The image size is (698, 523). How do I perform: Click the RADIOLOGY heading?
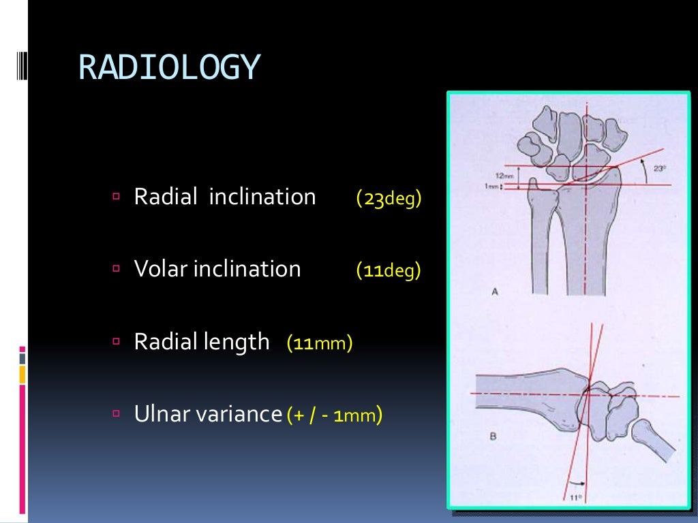pos(169,67)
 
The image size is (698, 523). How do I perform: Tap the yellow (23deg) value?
pos(389,199)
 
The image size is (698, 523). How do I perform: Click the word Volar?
pos(161,269)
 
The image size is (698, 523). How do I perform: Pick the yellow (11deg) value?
pos(389,271)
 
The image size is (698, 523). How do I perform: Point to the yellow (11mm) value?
pos(320,343)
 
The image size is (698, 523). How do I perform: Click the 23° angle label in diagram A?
pos(659,168)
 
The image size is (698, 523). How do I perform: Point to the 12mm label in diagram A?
pos(505,175)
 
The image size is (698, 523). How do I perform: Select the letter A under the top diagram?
pos(495,292)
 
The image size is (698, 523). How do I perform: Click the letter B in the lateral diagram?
pos(492,437)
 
